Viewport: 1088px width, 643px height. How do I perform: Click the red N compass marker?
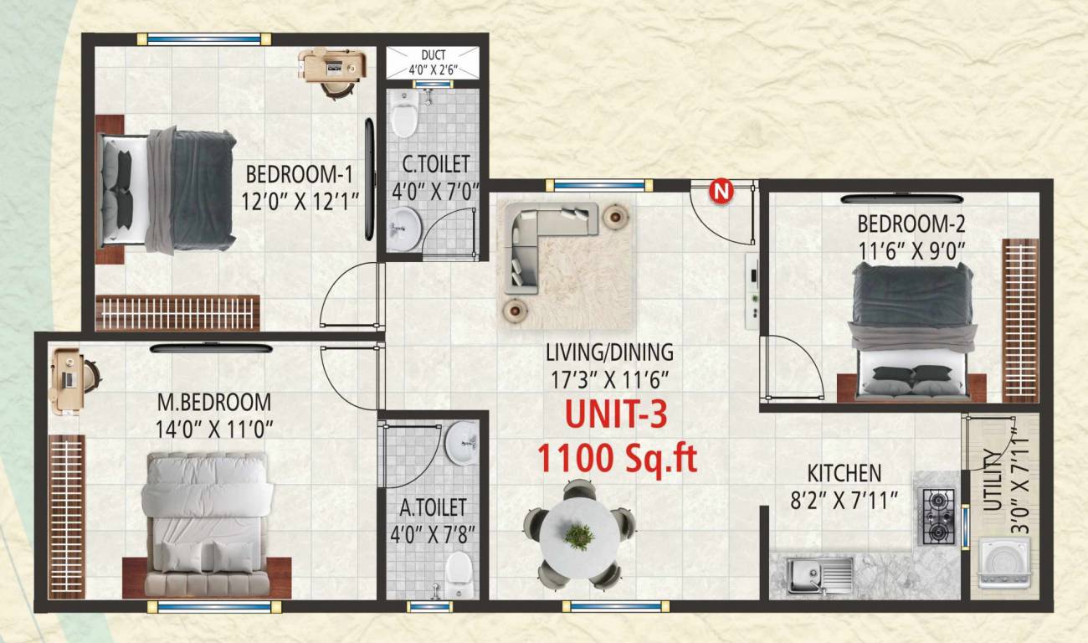[x=721, y=192]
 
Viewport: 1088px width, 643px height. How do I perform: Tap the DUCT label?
[x=433, y=56]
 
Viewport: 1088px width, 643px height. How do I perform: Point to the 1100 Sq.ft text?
[x=617, y=458]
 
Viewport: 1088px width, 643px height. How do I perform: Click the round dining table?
[x=578, y=533]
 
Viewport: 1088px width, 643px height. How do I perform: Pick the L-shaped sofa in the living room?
[x=544, y=243]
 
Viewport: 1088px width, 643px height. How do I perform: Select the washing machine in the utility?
[x=1003, y=563]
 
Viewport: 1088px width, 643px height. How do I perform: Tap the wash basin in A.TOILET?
[x=460, y=443]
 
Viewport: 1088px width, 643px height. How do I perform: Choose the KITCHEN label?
[x=844, y=473]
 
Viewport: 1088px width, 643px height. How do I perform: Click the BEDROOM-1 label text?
[x=299, y=175]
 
